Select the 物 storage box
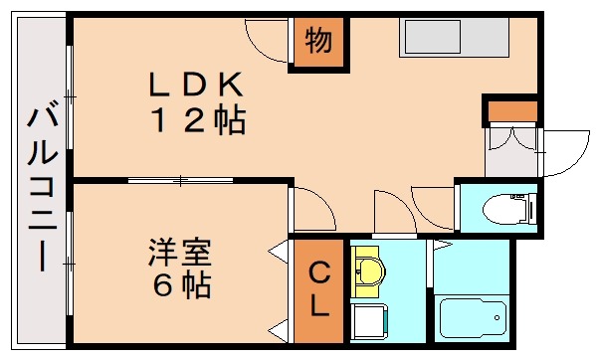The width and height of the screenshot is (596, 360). [317, 43]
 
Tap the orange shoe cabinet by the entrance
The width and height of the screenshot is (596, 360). [510, 108]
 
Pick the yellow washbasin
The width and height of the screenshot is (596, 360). [369, 270]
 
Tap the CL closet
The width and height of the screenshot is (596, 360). [317, 289]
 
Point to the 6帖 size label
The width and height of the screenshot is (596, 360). [180, 285]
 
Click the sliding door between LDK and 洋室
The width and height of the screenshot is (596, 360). [179, 180]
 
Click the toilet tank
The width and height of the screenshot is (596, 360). [531, 210]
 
